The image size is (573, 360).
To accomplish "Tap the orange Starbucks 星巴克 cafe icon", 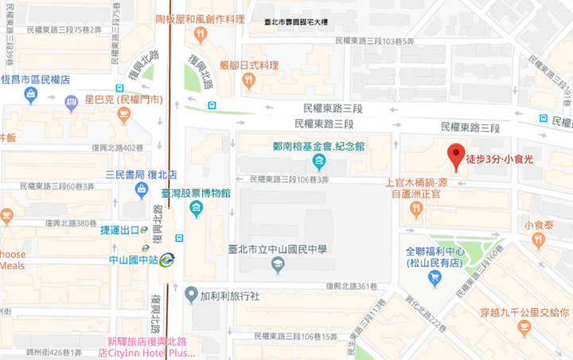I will coord(123,115).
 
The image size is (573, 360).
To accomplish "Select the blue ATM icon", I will coord(71,101).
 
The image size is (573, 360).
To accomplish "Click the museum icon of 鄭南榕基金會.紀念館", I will coord(318,162).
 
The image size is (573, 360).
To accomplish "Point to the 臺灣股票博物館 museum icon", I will coord(197,209).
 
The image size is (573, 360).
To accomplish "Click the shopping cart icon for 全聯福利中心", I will coord(435,278).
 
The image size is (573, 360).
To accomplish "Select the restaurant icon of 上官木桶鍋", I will coord(415,209).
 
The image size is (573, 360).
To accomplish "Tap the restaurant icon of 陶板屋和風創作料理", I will coord(200,34).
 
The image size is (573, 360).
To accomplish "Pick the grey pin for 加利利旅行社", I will coord(191,295).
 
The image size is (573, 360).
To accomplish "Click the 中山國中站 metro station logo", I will coord(166,259).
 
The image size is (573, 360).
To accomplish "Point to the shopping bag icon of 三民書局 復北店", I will coord(141,190).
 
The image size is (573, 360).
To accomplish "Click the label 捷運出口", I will coord(120,230).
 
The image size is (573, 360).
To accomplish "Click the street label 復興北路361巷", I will coord(353,286).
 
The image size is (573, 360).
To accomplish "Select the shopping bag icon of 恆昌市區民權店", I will coord(31,96).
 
